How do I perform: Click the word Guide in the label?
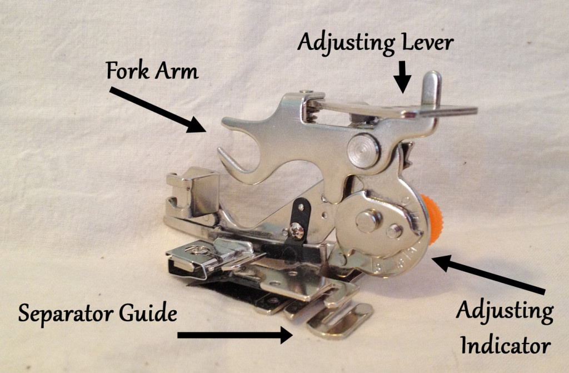147,315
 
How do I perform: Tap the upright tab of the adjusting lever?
431,92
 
